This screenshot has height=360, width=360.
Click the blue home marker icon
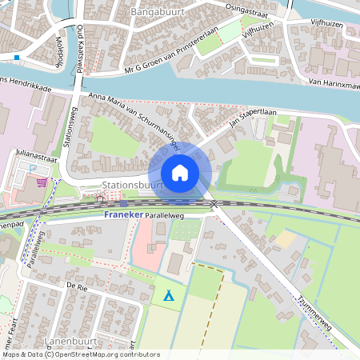(180, 173)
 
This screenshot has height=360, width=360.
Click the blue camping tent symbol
(169, 295)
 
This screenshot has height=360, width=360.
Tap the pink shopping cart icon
(42, 182)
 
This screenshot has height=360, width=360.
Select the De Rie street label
(76, 285)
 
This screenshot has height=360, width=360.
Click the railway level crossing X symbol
(214, 205)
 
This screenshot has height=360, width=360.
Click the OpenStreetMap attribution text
(81, 354)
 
